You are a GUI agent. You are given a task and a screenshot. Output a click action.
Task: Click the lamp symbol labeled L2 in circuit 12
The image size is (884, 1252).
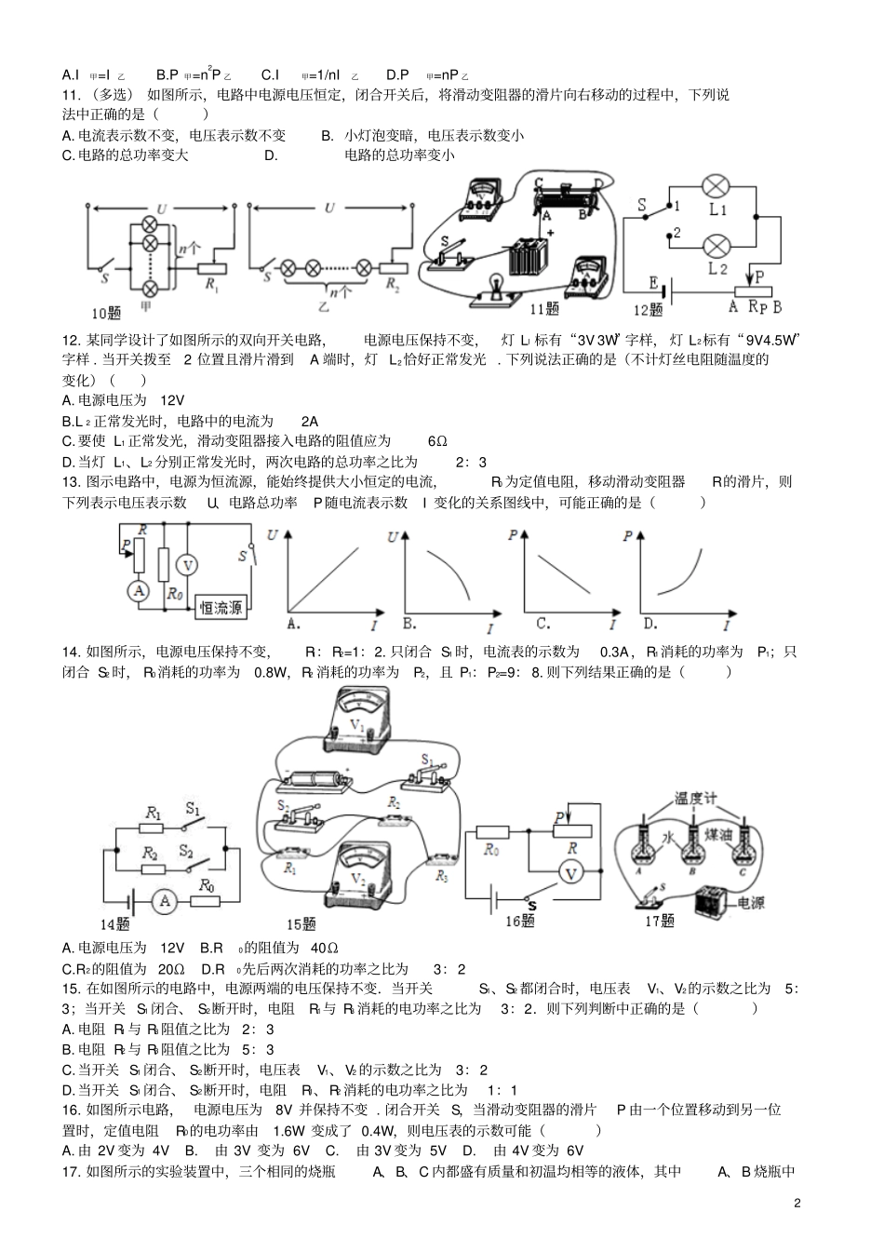click(x=717, y=246)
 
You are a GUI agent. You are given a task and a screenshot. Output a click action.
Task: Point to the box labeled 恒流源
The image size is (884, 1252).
click(x=221, y=608)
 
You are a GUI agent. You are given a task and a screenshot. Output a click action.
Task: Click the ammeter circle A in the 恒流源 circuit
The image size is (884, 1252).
click(x=139, y=590)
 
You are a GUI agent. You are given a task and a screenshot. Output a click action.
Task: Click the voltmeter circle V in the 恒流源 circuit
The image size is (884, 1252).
click(x=187, y=565)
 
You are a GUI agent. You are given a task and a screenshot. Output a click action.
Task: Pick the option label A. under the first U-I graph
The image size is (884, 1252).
click(x=295, y=623)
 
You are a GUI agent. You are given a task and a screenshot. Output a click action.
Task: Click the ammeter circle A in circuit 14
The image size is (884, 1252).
click(x=165, y=900)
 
